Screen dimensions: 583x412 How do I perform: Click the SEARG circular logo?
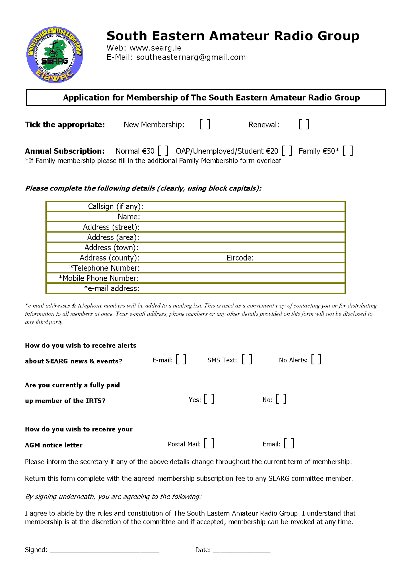[x=55, y=55]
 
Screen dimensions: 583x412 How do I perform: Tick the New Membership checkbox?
[x=205, y=124]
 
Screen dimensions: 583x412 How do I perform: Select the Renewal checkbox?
[x=304, y=124]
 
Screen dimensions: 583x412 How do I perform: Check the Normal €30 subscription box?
[x=163, y=151]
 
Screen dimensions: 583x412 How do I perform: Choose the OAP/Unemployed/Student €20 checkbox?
[x=287, y=151]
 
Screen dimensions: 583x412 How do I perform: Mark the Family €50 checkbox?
[x=348, y=151]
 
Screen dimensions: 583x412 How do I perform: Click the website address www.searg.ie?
[x=155, y=48]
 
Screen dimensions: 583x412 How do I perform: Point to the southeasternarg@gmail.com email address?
[x=191, y=57]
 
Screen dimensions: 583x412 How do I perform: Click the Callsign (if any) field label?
[x=116, y=206]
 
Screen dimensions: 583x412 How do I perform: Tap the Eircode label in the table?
[x=240, y=258]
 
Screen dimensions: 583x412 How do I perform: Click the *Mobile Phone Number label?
[x=99, y=278]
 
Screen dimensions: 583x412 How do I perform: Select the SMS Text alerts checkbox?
[x=247, y=360]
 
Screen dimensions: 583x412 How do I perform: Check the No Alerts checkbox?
[x=316, y=360]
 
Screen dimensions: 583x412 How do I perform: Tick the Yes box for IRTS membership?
[x=209, y=399]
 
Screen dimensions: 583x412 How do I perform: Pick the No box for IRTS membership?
[x=281, y=399]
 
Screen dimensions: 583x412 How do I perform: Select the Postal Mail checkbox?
[x=209, y=444]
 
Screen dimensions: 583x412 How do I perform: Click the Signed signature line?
[x=105, y=550]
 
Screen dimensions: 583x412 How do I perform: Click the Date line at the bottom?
[x=242, y=550]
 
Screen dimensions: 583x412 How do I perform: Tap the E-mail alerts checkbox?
[x=181, y=360]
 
